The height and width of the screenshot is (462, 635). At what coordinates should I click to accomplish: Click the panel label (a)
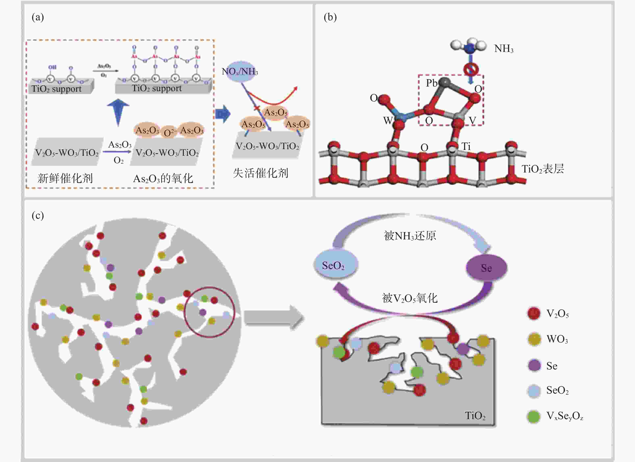click(38, 17)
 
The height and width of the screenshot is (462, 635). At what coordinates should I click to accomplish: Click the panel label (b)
click(330, 17)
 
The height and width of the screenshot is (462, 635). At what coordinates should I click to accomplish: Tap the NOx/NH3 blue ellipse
click(240, 71)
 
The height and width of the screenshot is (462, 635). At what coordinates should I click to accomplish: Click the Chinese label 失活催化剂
click(260, 173)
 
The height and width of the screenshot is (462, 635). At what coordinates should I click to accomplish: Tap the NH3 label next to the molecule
click(504, 49)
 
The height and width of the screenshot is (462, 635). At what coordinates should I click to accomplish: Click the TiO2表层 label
click(542, 169)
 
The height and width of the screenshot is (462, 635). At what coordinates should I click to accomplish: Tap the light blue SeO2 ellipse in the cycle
click(335, 265)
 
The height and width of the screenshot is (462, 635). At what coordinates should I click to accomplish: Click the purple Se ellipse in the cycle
click(486, 268)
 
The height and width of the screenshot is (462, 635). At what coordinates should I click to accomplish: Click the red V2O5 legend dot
click(534, 313)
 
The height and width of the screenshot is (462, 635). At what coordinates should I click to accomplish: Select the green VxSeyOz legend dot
click(534, 416)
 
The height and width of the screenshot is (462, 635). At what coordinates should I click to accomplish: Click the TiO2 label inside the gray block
click(475, 416)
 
